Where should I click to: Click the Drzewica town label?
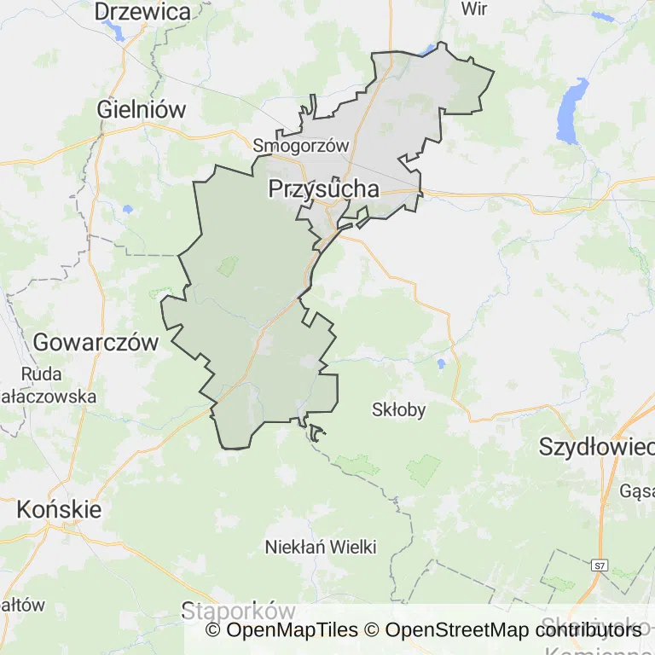click(x=142, y=11)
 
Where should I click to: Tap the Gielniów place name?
click(x=142, y=109)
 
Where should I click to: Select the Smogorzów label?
click(x=301, y=146)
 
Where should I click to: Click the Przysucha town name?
click(x=323, y=188)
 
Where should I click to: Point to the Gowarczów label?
click(x=96, y=343)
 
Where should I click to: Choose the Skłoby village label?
click(x=398, y=409)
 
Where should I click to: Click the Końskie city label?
click(x=59, y=510)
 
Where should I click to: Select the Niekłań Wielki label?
click(x=321, y=547)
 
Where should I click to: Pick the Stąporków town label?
click(x=238, y=611)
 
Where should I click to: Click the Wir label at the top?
click(x=473, y=9)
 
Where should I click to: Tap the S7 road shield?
click(x=600, y=565)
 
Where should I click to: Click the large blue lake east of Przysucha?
click(x=571, y=111)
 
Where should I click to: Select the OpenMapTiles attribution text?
click(x=281, y=630)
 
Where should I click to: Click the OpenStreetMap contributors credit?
click(x=513, y=630)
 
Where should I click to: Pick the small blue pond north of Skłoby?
click(x=441, y=364)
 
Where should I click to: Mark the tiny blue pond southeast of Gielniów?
click(x=127, y=209)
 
